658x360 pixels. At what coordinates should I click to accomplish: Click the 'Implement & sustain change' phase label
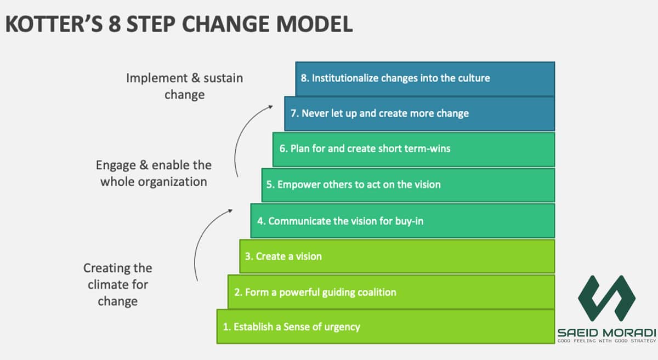[x=184, y=86]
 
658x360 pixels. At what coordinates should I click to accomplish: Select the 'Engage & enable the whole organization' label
[x=154, y=173]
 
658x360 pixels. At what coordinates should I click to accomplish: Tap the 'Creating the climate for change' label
[x=118, y=284]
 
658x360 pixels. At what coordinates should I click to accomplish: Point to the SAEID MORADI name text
[x=606, y=333]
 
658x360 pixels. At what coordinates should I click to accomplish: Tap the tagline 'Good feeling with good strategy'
[x=606, y=341]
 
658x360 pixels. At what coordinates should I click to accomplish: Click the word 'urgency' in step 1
[x=341, y=327]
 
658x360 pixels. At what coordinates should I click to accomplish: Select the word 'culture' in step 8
[x=472, y=78]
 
